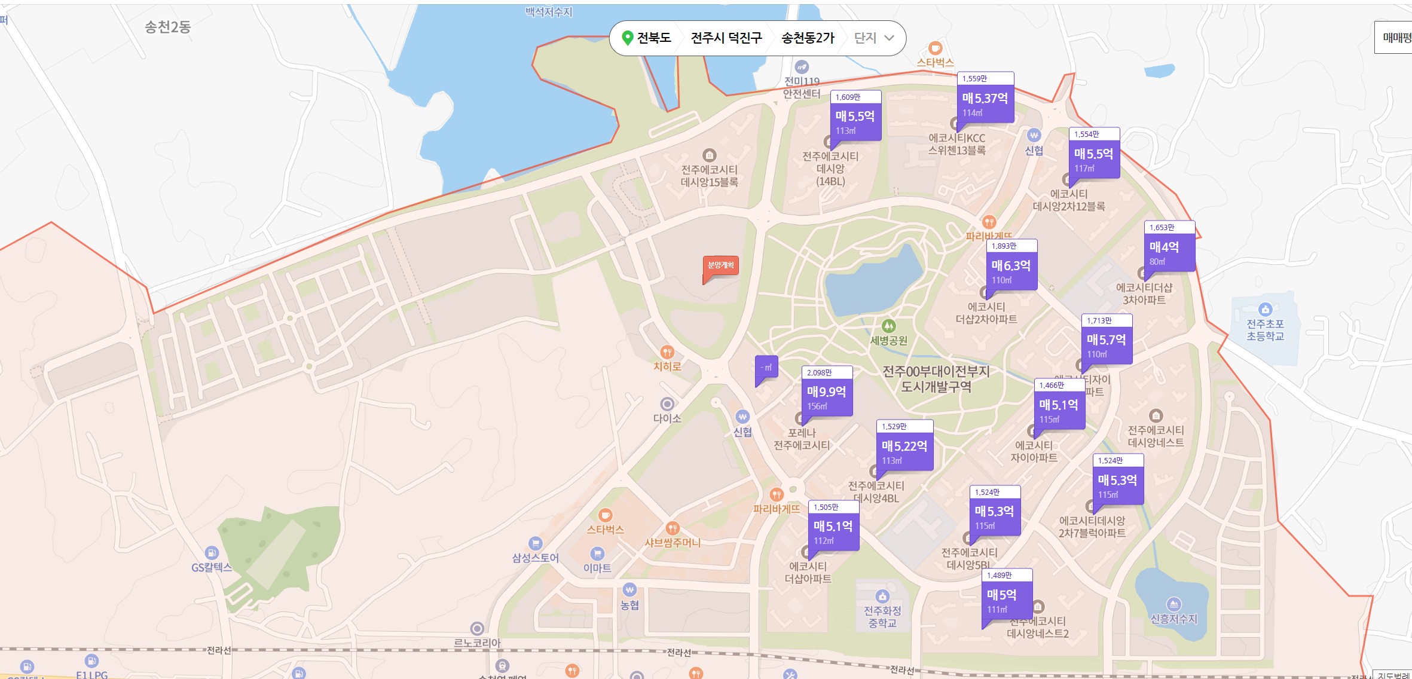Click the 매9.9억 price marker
pos(827,392)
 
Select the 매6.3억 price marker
pos(1011,266)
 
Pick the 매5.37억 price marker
pos(985,99)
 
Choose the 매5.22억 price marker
pos(904,446)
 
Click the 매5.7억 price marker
pos(1107,340)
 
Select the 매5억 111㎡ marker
pos(1007,595)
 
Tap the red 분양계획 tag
pos(720,265)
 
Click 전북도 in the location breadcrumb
pos(653,38)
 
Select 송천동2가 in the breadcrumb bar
pos(808,38)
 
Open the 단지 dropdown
pos(874,38)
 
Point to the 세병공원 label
pos(888,341)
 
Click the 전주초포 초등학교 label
pos(1265,330)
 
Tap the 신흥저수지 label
pos(1174,619)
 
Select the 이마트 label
pos(597,568)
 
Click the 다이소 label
pos(667,418)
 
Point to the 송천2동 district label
pos(167,27)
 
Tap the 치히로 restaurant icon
pos(667,352)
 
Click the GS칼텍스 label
pos(211,567)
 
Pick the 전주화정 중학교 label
pos(882,617)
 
